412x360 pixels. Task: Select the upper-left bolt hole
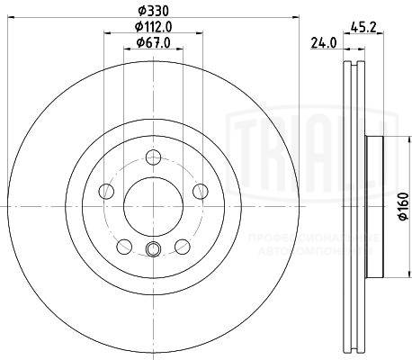point(106,190)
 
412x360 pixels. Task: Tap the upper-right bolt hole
point(196,190)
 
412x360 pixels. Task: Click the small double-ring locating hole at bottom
point(151,252)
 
